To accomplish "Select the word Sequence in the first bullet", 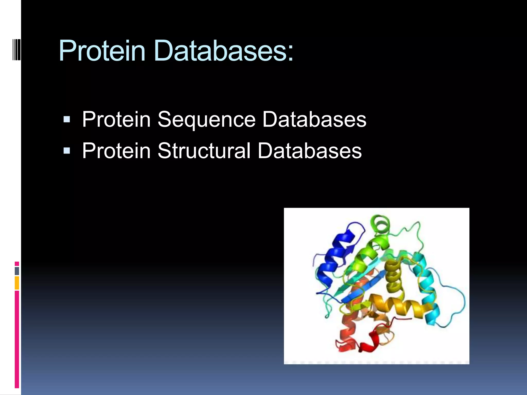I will [x=206, y=120].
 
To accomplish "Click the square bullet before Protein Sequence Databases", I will [x=67, y=120].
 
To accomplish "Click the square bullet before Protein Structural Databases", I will [x=67, y=151].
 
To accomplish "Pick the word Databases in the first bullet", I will [x=314, y=120].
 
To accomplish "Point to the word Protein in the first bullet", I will [x=116, y=120].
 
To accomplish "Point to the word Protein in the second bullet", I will [x=116, y=151].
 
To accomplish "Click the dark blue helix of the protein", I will [x=332, y=260].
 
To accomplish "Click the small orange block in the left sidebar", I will [x=17, y=283].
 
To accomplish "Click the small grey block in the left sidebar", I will [x=17, y=271].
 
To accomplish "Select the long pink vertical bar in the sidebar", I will [x=17, y=339].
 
